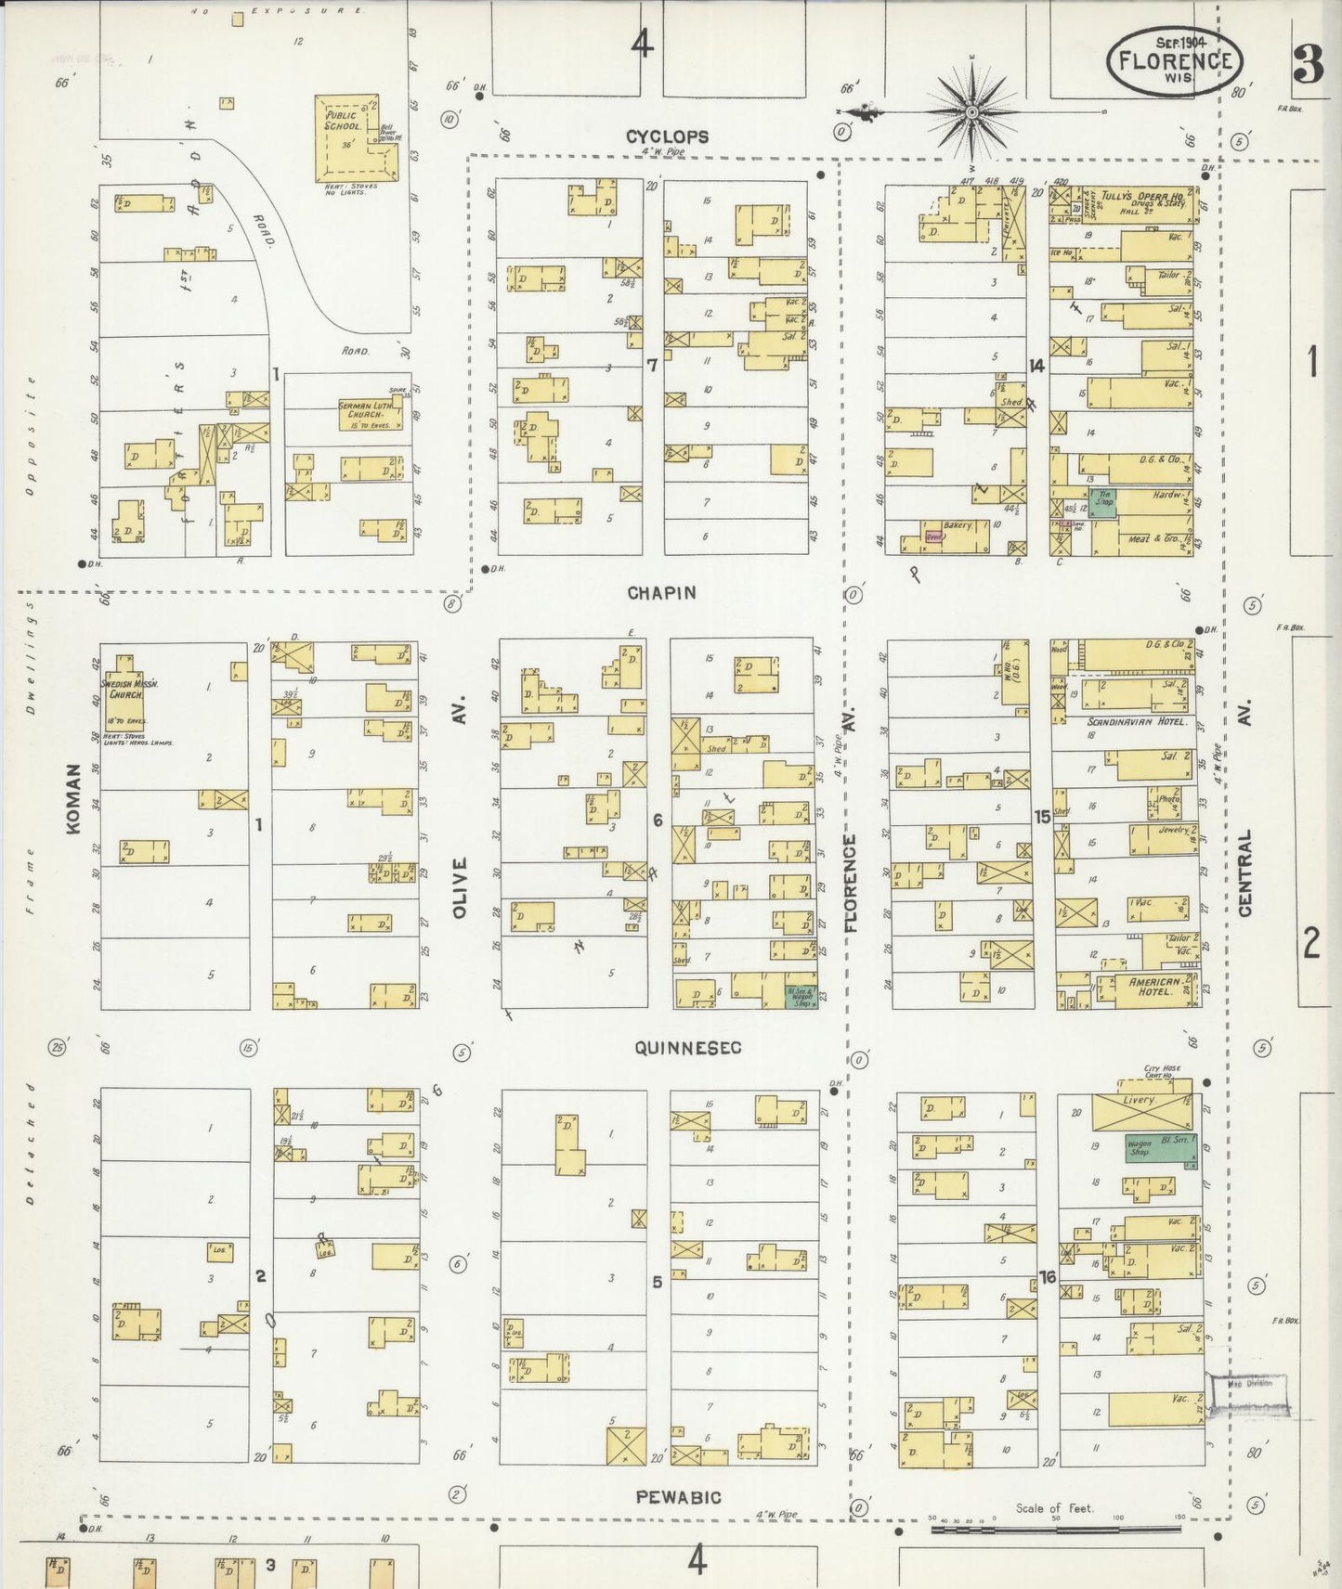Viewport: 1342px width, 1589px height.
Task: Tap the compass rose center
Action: [x=971, y=113]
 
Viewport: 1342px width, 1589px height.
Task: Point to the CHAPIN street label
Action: [x=660, y=592]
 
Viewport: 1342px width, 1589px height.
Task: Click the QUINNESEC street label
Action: [x=688, y=1048]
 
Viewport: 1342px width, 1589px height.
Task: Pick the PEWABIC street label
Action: [x=678, y=1497]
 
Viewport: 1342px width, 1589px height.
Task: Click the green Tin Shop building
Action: [x=1102, y=503]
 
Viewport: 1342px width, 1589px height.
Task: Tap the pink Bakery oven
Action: [x=932, y=536]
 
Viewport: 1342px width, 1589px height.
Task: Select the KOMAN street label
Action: [x=74, y=809]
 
